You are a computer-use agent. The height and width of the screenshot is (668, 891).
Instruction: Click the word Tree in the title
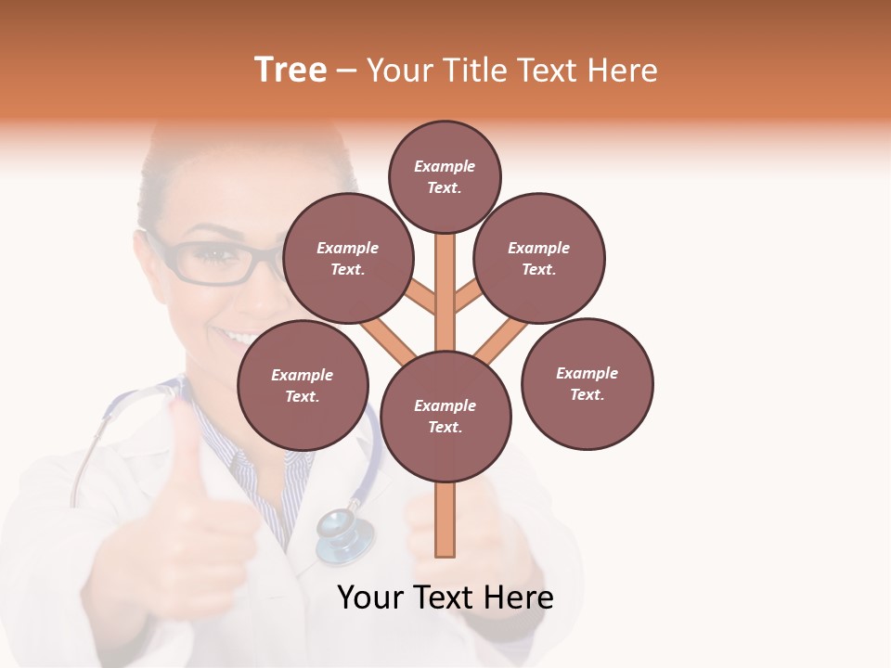(x=291, y=71)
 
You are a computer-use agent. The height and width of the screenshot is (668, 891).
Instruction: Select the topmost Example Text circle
(x=445, y=176)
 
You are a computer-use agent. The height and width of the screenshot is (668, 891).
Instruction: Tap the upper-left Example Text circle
(x=347, y=258)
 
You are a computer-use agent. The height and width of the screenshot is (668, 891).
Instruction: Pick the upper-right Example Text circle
(x=538, y=258)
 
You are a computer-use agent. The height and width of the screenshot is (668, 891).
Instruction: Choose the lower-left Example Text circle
(x=302, y=385)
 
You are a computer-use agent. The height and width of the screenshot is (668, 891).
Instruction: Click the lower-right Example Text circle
(x=587, y=383)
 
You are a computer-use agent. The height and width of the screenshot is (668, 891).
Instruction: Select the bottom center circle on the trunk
(x=445, y=416)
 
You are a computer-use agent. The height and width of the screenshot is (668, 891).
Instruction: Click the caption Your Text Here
(x=445, y=597)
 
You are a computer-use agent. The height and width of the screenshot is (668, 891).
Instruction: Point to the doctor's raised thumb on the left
(x=187, y=436)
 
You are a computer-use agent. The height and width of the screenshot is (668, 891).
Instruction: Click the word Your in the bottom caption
(x=370, y=597)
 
